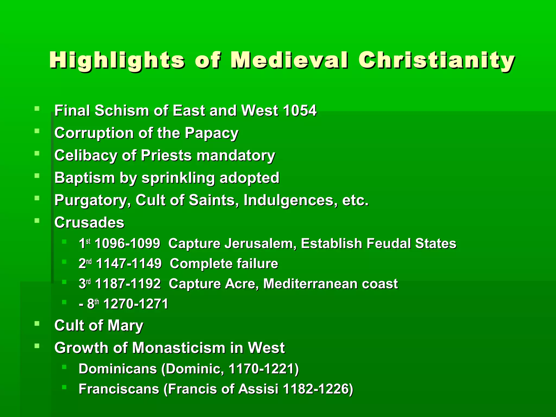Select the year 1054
click(299, 111)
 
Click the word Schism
click(122, 111)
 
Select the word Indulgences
click(290, 201)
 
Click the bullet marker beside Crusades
click(37, 220)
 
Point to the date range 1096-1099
click(127, 244)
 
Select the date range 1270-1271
click(136, 304)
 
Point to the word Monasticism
click(179, 348)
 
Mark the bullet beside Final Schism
click(37, 109)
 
